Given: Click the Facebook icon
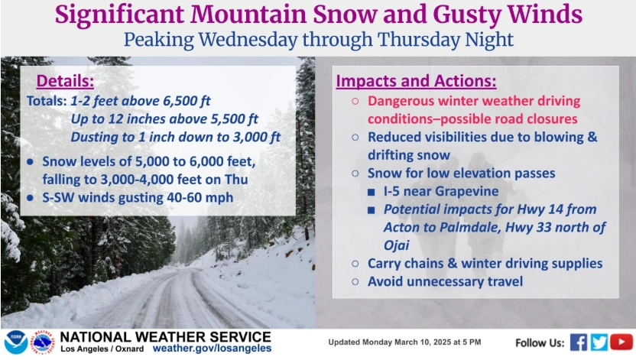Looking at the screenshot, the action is [579, 342].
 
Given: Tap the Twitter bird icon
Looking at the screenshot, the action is [599, 342].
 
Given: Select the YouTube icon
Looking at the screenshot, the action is [621, 342].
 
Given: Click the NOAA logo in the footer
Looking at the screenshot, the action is [16, 342].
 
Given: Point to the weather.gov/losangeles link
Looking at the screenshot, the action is [213, 349].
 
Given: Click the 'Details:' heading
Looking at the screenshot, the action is [65, 81].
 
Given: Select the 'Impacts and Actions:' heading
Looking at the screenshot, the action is [416, 81].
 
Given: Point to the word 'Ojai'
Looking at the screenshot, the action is [396, 245].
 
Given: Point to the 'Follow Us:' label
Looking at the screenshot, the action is [540, 343].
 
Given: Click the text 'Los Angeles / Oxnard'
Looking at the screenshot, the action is [102, 349].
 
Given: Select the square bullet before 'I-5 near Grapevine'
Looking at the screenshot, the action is [372, 192].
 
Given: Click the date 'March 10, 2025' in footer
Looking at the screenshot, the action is [420, 342].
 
